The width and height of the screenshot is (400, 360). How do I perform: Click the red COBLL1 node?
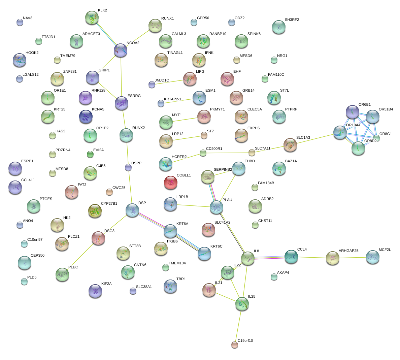(x=171, y=183)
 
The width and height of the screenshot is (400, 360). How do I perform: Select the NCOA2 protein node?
(x=121, y=50)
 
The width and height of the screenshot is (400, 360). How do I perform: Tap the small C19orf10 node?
(x=235, y=345)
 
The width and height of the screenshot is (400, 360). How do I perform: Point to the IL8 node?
(x=248, y=258)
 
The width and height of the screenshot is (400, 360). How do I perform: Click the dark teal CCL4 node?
(x=291, y=257)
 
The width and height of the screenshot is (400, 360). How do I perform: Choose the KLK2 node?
(x=92, y=18)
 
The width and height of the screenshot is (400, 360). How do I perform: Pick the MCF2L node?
(x=373, y=257)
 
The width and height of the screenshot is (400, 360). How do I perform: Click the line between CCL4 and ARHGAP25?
(x=312, y=258)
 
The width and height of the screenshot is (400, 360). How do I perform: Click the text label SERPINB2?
(x=223, y=170)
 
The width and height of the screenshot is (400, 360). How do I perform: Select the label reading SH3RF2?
(x=292, y=20)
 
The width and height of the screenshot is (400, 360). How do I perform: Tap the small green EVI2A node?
(x=90, y=154)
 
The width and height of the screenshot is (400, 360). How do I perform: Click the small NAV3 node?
(x=20, y=22)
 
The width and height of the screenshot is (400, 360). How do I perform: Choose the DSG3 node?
(x=98, y=238)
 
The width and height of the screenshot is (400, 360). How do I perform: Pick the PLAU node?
(x=216, y=207)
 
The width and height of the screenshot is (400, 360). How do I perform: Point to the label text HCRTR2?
(x=179, y=157)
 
